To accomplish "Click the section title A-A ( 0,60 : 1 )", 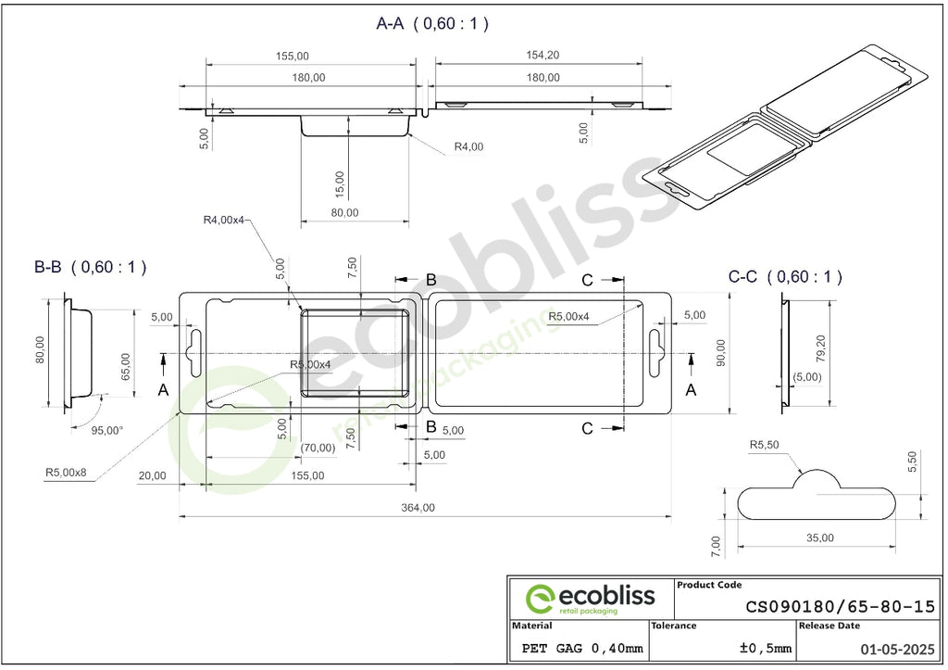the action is [432, 23].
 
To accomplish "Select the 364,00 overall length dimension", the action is [418, 508].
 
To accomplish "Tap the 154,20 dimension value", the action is [543, 55].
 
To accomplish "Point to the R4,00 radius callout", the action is [468, 146].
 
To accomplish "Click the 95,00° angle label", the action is [107, 430].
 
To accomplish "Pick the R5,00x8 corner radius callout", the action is [66, 472].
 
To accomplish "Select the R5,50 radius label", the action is [764, 445].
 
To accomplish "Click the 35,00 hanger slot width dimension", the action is [820, 538].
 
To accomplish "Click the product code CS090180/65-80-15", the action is [840, 606].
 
